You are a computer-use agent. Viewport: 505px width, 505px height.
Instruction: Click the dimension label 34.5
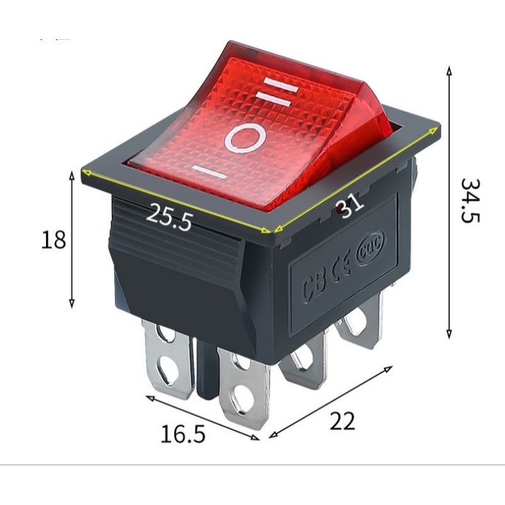click(470, 200)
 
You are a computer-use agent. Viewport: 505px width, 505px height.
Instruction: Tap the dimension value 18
click(54, 240)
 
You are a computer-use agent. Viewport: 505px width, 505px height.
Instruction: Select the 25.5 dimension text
click(169, 217)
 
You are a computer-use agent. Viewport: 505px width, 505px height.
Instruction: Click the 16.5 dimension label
click(183, 434)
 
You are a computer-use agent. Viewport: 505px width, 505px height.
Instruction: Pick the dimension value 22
click(342, 420)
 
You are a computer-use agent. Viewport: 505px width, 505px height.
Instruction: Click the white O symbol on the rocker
click(246, 139)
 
